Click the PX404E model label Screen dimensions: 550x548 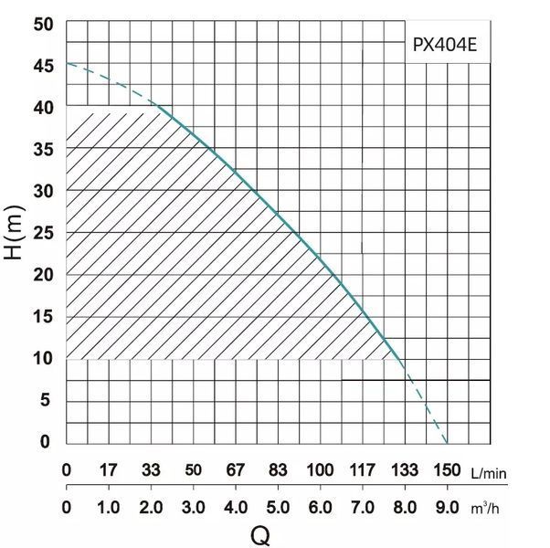click(444, 45)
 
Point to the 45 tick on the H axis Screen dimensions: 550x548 click(44, 66)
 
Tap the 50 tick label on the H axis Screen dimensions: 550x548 click(44, 24)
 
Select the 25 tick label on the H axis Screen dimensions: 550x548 click(44, 233)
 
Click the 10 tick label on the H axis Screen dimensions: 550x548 click(44, 358)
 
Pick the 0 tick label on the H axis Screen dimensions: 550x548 click(46, 441)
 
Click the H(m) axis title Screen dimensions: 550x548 click(14, 233)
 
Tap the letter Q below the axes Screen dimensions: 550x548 click(260, 536)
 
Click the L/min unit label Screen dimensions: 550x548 click(489, 473)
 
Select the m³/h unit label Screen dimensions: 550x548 click(485, 508)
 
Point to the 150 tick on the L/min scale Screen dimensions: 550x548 click(447, 469)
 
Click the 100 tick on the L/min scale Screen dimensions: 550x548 click(320, 469)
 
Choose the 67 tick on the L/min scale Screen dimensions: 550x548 click(236, 469)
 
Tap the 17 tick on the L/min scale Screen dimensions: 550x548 click(109, 469)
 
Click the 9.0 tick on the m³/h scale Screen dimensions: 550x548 click(448, 507)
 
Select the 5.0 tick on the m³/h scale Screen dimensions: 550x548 click(278, 507)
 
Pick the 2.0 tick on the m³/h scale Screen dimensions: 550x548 click(151, 507)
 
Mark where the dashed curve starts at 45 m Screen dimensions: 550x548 click(67, 63)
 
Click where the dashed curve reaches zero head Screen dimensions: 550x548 click(448, 444)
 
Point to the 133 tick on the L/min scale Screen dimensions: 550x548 click(405, 469)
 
